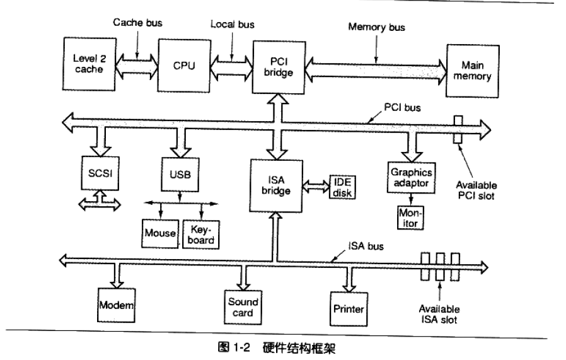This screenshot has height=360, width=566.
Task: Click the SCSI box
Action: [96, 172]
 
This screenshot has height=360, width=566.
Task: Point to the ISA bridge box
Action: [275, 184]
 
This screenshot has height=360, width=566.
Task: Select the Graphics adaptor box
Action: [410, 177]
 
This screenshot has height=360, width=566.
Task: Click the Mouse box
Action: [160, 233]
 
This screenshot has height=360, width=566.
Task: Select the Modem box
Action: [117, 305]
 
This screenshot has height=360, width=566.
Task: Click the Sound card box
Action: [243, 307]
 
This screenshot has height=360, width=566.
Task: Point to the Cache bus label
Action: [137, 23]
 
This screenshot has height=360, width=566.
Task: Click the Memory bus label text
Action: [377, 28]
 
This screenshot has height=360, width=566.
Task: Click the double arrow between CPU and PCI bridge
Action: [231, 64]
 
